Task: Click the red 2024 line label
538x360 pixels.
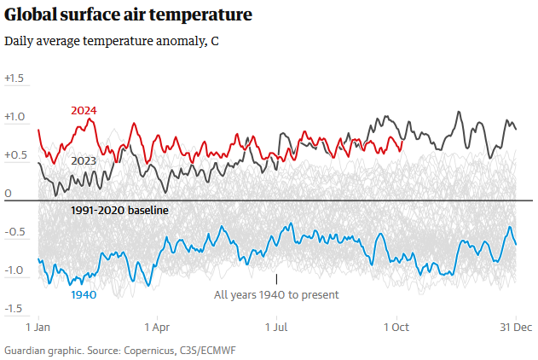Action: [x=84, y=111]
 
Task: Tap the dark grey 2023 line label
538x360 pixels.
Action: [x=84, y=161]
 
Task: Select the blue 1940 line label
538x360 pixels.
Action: [x=84, y=295]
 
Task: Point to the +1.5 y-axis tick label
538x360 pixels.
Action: [x=14, y=78]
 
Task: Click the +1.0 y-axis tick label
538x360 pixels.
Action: [x=14, y=117]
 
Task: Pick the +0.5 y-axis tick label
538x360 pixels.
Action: [x=15, y=155]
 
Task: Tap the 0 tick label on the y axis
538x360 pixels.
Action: [x=8, y=194]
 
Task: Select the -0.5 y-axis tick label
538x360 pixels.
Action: [x=15, y=232]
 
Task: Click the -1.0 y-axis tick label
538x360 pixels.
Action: [x=14, y=270]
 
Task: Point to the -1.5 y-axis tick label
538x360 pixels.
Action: [x=14, y=309]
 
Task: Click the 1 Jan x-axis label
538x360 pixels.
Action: [x=38, y=327]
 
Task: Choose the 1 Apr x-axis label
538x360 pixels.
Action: [x=157, y=327]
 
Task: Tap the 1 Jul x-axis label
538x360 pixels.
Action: [x=276, y=327]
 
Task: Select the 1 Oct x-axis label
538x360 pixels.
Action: [x=396, y=327]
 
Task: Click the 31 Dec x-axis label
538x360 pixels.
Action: [x=516, y=327]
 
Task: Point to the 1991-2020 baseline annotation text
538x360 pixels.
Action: [x=119, y=210]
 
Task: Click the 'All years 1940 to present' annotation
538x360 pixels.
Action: [x=276, y=295]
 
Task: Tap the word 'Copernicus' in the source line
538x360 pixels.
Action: [x=149, y=351]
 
